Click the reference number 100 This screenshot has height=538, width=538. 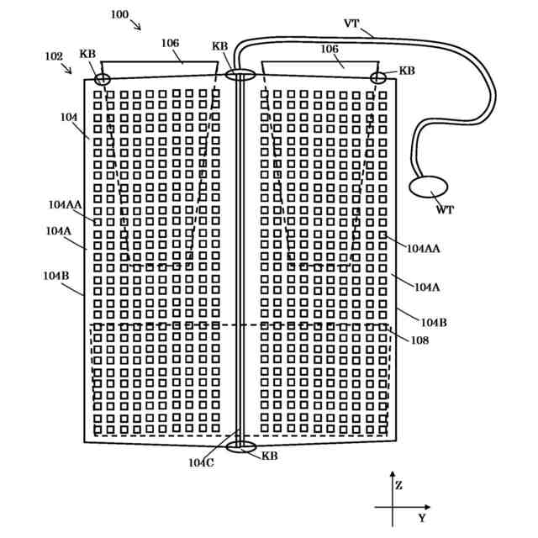119,14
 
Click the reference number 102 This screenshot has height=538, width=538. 54,56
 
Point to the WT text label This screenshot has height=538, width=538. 444,210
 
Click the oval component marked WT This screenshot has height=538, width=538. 428,186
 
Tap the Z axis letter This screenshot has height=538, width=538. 398,485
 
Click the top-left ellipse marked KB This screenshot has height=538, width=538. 101,79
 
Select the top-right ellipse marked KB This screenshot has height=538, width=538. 378,78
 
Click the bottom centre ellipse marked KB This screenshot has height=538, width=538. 240,446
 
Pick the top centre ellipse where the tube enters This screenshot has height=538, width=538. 240,76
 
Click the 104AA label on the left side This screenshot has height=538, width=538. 65,204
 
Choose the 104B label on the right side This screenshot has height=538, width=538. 434,322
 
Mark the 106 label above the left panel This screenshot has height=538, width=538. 171,42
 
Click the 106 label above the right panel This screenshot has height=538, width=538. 330,49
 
